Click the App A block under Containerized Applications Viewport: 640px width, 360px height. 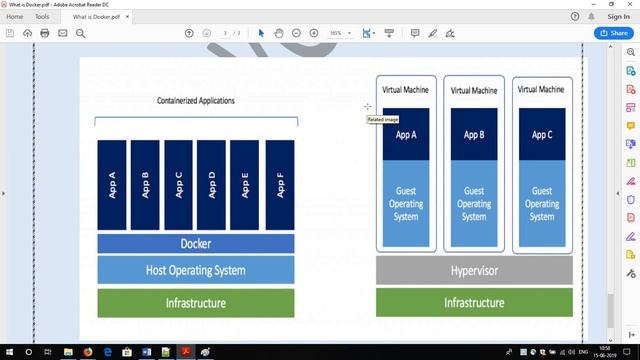click(x=113, y=185)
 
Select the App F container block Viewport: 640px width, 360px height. click(x=280, y=185)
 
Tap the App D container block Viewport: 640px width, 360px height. click(x=212, y=185)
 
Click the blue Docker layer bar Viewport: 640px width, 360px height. click(x=196, y=244)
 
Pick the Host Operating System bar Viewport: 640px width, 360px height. click(x=196, y=270)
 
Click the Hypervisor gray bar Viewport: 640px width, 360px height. click(x=474, y=270)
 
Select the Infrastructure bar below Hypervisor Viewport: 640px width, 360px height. click(x=474, y=302)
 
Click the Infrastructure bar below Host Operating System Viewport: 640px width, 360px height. click(x=196, y=303)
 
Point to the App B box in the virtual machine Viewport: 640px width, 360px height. click(x=474, y=134)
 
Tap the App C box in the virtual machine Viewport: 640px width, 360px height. click(x=541, y=134)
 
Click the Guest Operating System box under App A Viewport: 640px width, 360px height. click(x=406, y=203)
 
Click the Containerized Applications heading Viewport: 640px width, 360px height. click(x=196, y=101)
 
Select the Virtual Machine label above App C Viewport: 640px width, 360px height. click(x=541, y=90)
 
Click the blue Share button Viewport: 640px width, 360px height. click(x=612, y=33)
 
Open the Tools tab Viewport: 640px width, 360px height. click(x=42, y=17)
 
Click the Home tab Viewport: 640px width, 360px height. click(x=15, y=17)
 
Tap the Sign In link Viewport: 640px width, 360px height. click(x=619, y=17)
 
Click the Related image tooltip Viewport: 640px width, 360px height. click(x=382, y=119)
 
